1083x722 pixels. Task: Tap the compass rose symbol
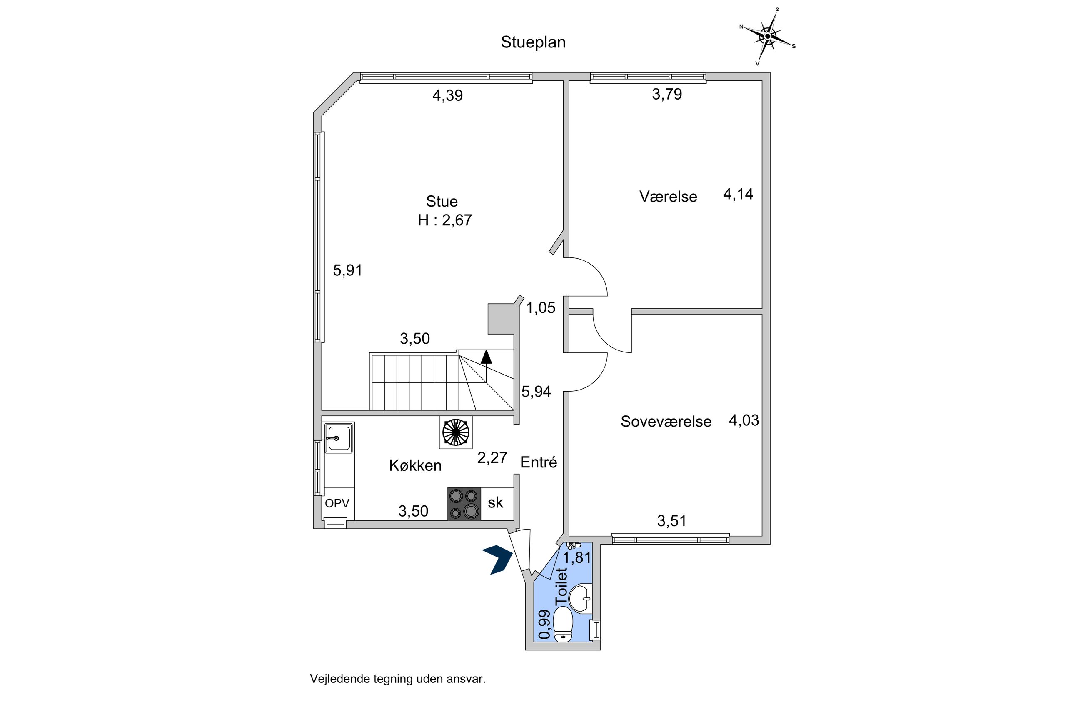(767, 36)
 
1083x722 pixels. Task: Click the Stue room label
(442, 201)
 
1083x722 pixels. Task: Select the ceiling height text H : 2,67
(444, 220)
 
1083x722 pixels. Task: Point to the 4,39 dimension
(447, 95)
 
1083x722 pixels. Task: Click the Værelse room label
(668, 197)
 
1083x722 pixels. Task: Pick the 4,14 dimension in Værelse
(738, 194)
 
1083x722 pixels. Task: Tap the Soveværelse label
(666, 421)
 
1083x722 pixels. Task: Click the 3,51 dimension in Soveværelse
(671, 521)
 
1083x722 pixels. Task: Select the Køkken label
(415, 465)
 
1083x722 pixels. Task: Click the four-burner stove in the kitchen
(464, 504)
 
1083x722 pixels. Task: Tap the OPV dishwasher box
(337, 503)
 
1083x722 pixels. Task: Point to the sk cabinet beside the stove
(496, 503)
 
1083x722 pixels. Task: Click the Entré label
(539, 462)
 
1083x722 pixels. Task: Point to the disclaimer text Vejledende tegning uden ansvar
(398, 679)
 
